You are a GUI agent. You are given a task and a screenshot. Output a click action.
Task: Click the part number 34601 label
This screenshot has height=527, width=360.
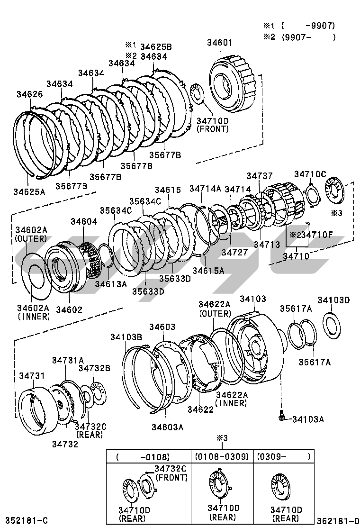coord(219,43)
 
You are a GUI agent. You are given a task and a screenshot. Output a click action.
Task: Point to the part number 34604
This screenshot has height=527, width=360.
coord(84,221)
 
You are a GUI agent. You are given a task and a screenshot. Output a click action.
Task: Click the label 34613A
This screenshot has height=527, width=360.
coord(110,284)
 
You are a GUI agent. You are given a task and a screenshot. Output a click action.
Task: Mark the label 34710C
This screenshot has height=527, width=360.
coord(310,174)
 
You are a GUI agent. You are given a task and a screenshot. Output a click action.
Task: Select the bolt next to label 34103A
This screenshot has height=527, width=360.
coord(282,415)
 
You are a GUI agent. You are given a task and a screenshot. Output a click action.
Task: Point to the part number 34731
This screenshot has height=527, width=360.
coord(32,375)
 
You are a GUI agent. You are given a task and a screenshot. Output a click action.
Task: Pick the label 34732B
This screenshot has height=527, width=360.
coord(94,368)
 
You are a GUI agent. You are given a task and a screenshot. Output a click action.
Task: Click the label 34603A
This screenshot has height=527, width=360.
coord(167,427)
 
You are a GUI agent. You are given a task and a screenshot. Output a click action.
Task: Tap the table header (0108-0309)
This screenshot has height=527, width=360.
coord(221,456)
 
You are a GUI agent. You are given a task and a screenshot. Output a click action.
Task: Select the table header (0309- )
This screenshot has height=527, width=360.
coord(283,456)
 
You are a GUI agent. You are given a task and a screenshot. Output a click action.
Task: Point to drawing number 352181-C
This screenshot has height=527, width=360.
coord(27,520)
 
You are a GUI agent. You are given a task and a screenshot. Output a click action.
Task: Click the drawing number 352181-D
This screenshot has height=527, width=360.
coord(338,520)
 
